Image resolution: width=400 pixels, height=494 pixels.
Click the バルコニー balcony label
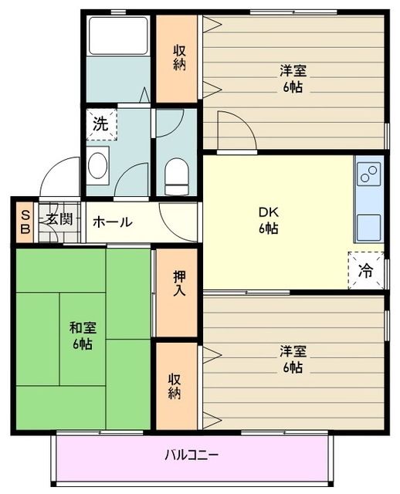(x=191, y=454)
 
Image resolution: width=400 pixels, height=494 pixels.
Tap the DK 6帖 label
(x=269, y=221)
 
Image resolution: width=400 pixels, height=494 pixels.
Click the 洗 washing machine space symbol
(x=100, y=123)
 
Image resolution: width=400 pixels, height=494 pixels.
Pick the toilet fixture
(x=177, y=177)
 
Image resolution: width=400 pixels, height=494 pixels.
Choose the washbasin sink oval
(x=98, y=165)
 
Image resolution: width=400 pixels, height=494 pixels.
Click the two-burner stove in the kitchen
(x=368, y=174)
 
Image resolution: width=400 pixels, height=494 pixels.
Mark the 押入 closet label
(x=178, y=284)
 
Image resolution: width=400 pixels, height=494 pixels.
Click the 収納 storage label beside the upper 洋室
(x=179, y=59)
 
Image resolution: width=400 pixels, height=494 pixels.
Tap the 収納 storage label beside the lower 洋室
(x=176, y=385)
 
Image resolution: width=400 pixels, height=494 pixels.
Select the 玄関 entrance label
(x=58, y=218)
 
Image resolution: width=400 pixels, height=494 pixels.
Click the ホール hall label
(x=113, y=222)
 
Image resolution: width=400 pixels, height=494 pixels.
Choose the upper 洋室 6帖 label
(x=293, y=79)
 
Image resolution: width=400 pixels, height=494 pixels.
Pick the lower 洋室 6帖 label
(x=293, y=359)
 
